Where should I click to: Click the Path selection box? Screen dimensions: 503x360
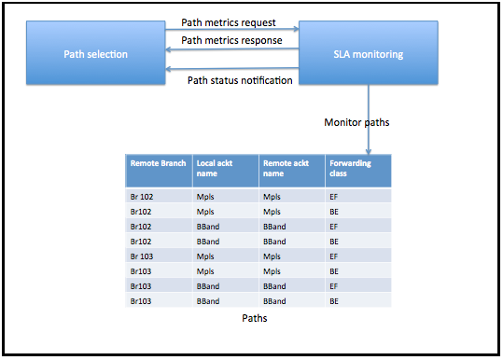click(95, 53)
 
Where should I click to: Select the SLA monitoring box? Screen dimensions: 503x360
click(369, 53)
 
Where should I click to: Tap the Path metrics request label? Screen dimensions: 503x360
click(229, 22)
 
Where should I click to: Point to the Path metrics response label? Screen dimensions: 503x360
click(231, 40)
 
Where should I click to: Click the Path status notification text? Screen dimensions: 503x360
click(240, 80)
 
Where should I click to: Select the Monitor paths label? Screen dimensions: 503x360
click(356, 122)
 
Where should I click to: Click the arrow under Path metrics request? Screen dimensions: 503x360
click(232, 29)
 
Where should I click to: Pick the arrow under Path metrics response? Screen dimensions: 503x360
click(232, 49)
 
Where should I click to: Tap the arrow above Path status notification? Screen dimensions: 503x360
click(232, 69)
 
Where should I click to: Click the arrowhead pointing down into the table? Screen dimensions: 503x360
click(369, 151)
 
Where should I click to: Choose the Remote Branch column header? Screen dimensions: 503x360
click(158, 163)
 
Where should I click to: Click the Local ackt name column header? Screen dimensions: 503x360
click(215, 168)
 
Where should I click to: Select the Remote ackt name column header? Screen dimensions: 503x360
click(286, 168)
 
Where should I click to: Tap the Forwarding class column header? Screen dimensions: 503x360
click(350, 168)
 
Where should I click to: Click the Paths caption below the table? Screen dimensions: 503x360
click(255, 318)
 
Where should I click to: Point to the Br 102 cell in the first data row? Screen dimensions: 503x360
click(142, 197)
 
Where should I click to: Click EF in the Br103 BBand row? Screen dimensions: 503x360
click(334, 286)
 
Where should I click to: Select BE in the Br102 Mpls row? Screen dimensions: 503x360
click(334, 212)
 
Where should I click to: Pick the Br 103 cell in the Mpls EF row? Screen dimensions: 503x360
click(142, 256)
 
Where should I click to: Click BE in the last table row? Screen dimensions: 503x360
click(334, 301)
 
